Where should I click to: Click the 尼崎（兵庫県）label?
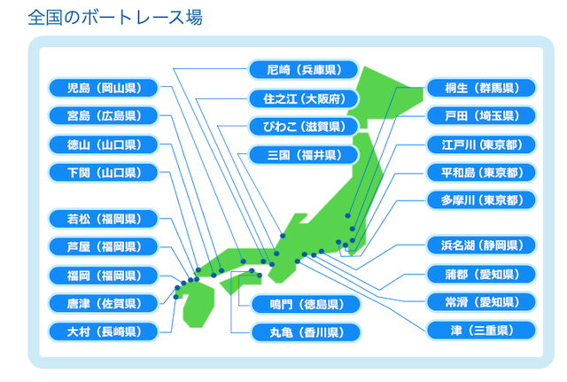pyautogui.click(x=303, y=69)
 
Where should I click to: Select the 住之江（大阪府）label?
pyautogui.click(x=303, y=98)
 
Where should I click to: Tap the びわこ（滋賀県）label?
pyautogui.click(x=303, y=127)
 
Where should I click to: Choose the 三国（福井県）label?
pyautogui.click(x=303, y=155)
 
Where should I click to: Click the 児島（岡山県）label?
pyautogui.click(x=104, y=88)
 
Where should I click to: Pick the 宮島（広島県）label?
pyautogui.click(x=104, y=116)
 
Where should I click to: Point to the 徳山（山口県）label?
pyautogui.click(x=104, y=144)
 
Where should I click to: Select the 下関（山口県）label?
pyautogui.click(x=104, y=173)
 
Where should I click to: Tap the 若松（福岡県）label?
pyautogui.click(x=104, y=219)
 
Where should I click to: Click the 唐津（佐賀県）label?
pyautogui.click(x=104, y=303)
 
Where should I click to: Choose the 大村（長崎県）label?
pyautogui.click(x=104, y=331)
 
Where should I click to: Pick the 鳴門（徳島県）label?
pyautogui.click(x=306, y=304)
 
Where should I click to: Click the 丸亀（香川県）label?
pyautogui.click(x=306, y=332)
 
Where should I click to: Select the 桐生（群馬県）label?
pyautogui.click(x=481, y=88)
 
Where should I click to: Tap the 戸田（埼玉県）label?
pyautogui.click(x=481, y=116)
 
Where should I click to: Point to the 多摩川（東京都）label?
pyautogui.click(x=481, y=200)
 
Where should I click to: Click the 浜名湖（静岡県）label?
pyautogui.click(x=481, y=246)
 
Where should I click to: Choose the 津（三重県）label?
pyautogui.click(x=481, y=331)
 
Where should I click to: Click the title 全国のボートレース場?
pyautogui.click(x=115, y=18)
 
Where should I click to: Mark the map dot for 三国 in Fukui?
pyautogui.click(x=283, y=236)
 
